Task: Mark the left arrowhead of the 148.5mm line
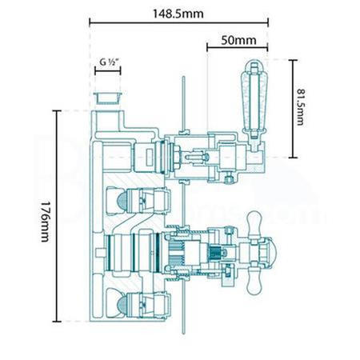pos(92,25)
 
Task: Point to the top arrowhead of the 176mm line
pos(55,113)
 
